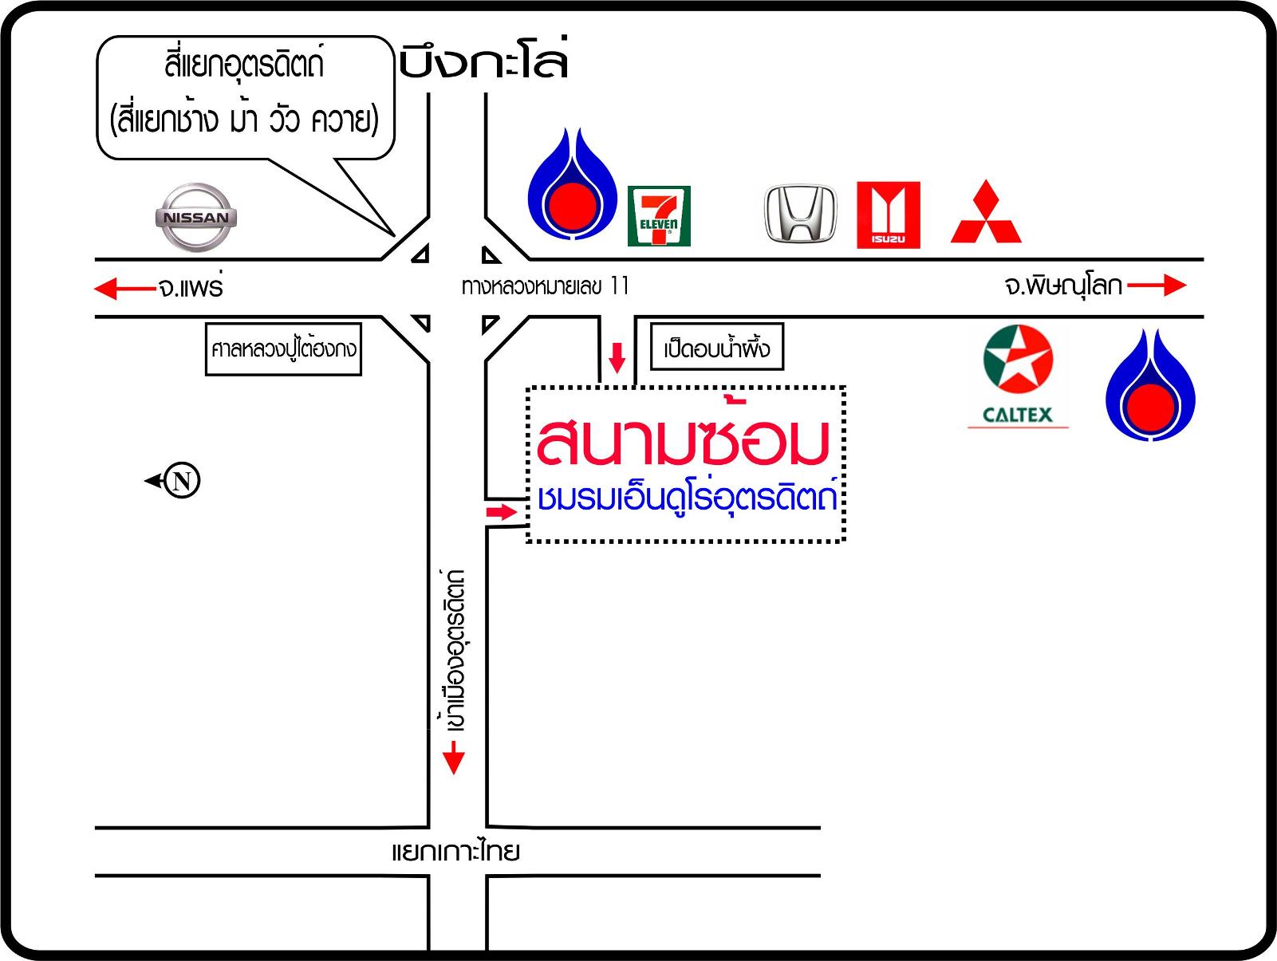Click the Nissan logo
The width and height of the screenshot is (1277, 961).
195,216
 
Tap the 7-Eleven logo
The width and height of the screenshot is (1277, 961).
658,216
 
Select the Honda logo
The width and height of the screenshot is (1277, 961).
801,214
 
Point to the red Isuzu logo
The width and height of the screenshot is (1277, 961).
888,215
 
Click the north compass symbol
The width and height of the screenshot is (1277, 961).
181,481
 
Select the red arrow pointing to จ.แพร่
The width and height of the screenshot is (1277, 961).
124,287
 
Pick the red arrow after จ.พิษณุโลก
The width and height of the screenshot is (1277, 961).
1157,286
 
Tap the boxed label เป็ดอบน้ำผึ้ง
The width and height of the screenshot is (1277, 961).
717,348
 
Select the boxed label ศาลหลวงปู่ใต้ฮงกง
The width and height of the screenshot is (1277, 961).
283,349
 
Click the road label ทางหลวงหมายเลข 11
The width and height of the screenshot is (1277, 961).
545,286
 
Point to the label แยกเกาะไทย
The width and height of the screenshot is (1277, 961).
455,852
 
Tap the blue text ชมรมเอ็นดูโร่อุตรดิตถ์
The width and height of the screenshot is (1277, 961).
687,497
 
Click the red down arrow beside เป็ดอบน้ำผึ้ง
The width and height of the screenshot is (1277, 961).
617,357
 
